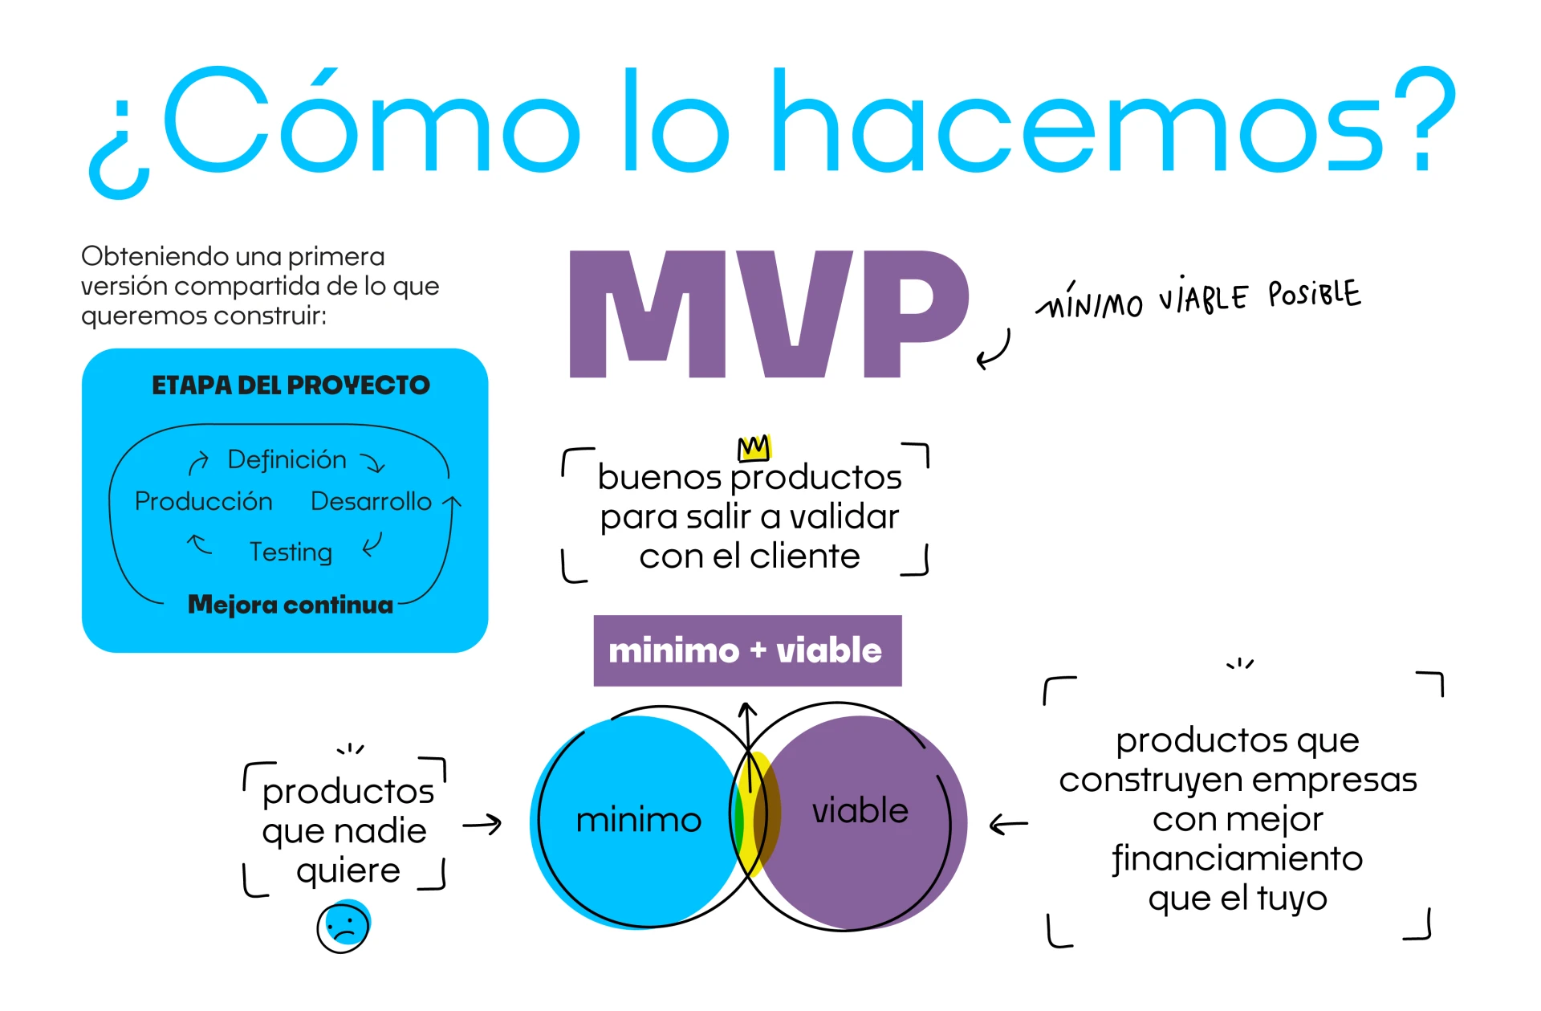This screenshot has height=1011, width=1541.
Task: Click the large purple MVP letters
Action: pos(769,313)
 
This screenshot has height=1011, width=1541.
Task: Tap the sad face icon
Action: pos(344,927)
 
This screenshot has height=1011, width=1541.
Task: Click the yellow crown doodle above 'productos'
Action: pos(754,447)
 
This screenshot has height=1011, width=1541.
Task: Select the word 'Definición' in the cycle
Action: pos(287,459)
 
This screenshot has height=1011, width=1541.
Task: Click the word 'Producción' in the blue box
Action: pos(204,501)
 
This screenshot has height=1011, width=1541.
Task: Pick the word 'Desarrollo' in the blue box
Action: pos(371,501)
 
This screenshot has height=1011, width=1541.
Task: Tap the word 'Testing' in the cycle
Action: pos(291,552)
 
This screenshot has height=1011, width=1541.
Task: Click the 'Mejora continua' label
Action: pos(291,604)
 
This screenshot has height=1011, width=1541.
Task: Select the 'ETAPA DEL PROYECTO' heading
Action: pos(291,385)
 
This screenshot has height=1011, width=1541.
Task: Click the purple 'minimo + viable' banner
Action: pos(747,650)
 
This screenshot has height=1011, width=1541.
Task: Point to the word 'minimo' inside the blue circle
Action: pos(639,820)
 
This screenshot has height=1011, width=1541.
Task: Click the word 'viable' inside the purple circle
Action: pos(860,810)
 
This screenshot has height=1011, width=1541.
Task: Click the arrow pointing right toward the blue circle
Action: pos(482,825)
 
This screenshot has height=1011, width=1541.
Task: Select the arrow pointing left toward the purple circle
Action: pos(1008,824)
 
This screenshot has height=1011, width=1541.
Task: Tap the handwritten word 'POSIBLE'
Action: pos(1315,294)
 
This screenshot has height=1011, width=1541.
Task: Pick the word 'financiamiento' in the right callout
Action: pos(1238,858)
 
